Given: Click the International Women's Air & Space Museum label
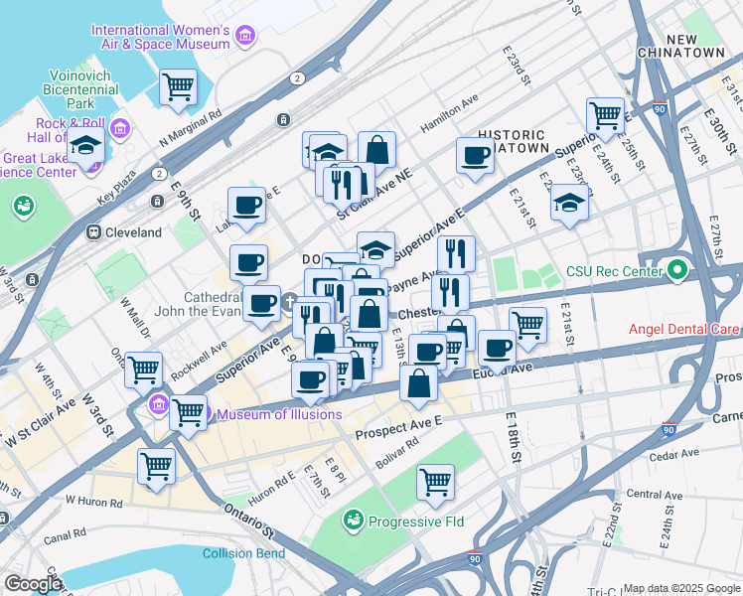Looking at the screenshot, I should coord(161,37).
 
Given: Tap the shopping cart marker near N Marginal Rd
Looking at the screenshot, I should coord(178,86).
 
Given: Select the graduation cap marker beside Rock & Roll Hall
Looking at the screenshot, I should coord(85,147).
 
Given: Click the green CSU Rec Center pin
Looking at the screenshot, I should coord(678,270).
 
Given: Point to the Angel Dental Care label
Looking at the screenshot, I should coord(682,329).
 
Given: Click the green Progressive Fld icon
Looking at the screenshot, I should coord(353,521).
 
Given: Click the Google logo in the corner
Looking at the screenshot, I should coord(32,583).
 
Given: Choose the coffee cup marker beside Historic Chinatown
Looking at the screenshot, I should coord(476,155).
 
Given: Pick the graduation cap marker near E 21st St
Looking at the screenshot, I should coord(568,202).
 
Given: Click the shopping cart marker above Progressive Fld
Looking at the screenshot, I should coord(435,482).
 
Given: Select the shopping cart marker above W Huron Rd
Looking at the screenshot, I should coord(156,465).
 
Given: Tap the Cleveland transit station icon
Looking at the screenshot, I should coord(93,232).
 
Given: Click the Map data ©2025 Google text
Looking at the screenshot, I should coord(680,588).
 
